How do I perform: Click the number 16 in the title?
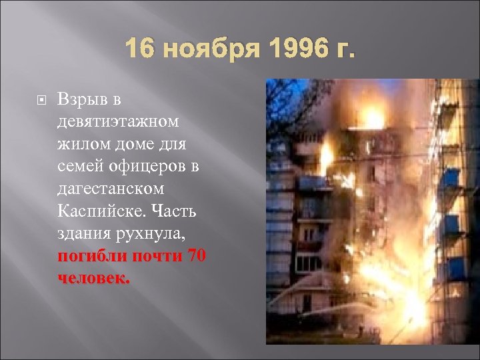(x=139, y=50)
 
